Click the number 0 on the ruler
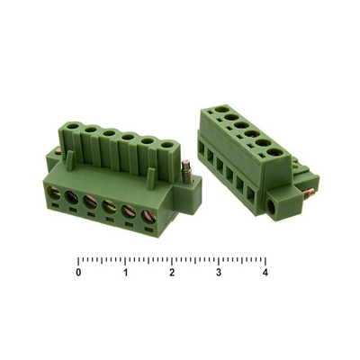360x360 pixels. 78,273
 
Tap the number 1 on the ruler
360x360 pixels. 126,273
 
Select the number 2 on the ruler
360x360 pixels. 172,273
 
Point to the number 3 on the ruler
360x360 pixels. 219,273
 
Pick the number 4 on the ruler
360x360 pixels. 265,273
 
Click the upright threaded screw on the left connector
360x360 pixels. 186,171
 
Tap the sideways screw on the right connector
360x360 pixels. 309,194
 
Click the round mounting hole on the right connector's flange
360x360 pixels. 273,207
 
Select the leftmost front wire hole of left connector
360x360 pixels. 54,193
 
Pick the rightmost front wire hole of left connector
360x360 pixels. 148,216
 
